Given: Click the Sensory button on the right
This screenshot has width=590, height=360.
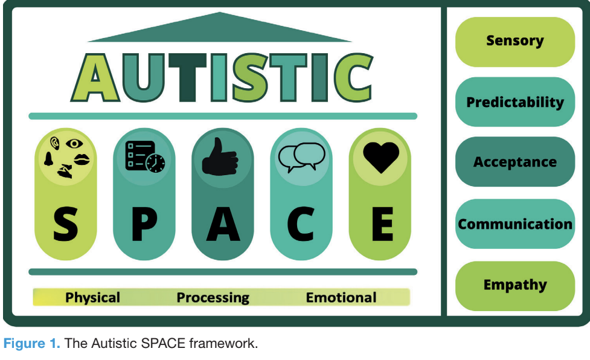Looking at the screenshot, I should coord(515,41).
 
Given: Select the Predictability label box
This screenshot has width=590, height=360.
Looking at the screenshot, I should coord(515,102).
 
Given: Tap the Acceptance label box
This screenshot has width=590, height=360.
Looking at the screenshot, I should coord(515,162).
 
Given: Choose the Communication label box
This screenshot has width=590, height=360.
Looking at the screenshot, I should coord(515,224).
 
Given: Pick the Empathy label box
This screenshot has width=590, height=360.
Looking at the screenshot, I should coord(515,285).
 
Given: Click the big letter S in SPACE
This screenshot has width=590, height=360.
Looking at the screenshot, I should coord(65,224).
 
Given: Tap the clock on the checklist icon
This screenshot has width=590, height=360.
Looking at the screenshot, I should coord(156,162).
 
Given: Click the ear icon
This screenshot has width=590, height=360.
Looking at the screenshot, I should coord(55,144).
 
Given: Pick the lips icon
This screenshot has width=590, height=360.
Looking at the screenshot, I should coord(82,159).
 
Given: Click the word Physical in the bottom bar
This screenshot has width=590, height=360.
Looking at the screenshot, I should coord(92,298).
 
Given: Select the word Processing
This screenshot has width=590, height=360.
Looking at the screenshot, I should coord(213,298).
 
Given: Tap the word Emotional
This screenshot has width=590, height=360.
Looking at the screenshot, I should coord(341,298).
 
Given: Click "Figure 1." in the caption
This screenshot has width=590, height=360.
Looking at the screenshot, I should coord(31,344).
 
